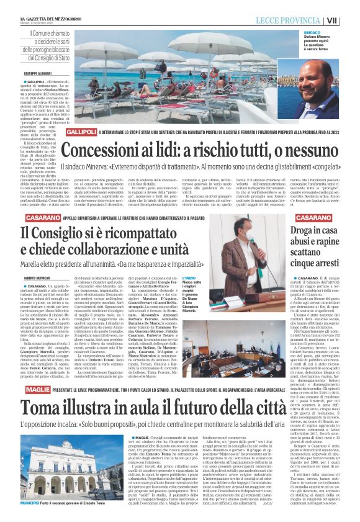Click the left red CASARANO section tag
(42, 218)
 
